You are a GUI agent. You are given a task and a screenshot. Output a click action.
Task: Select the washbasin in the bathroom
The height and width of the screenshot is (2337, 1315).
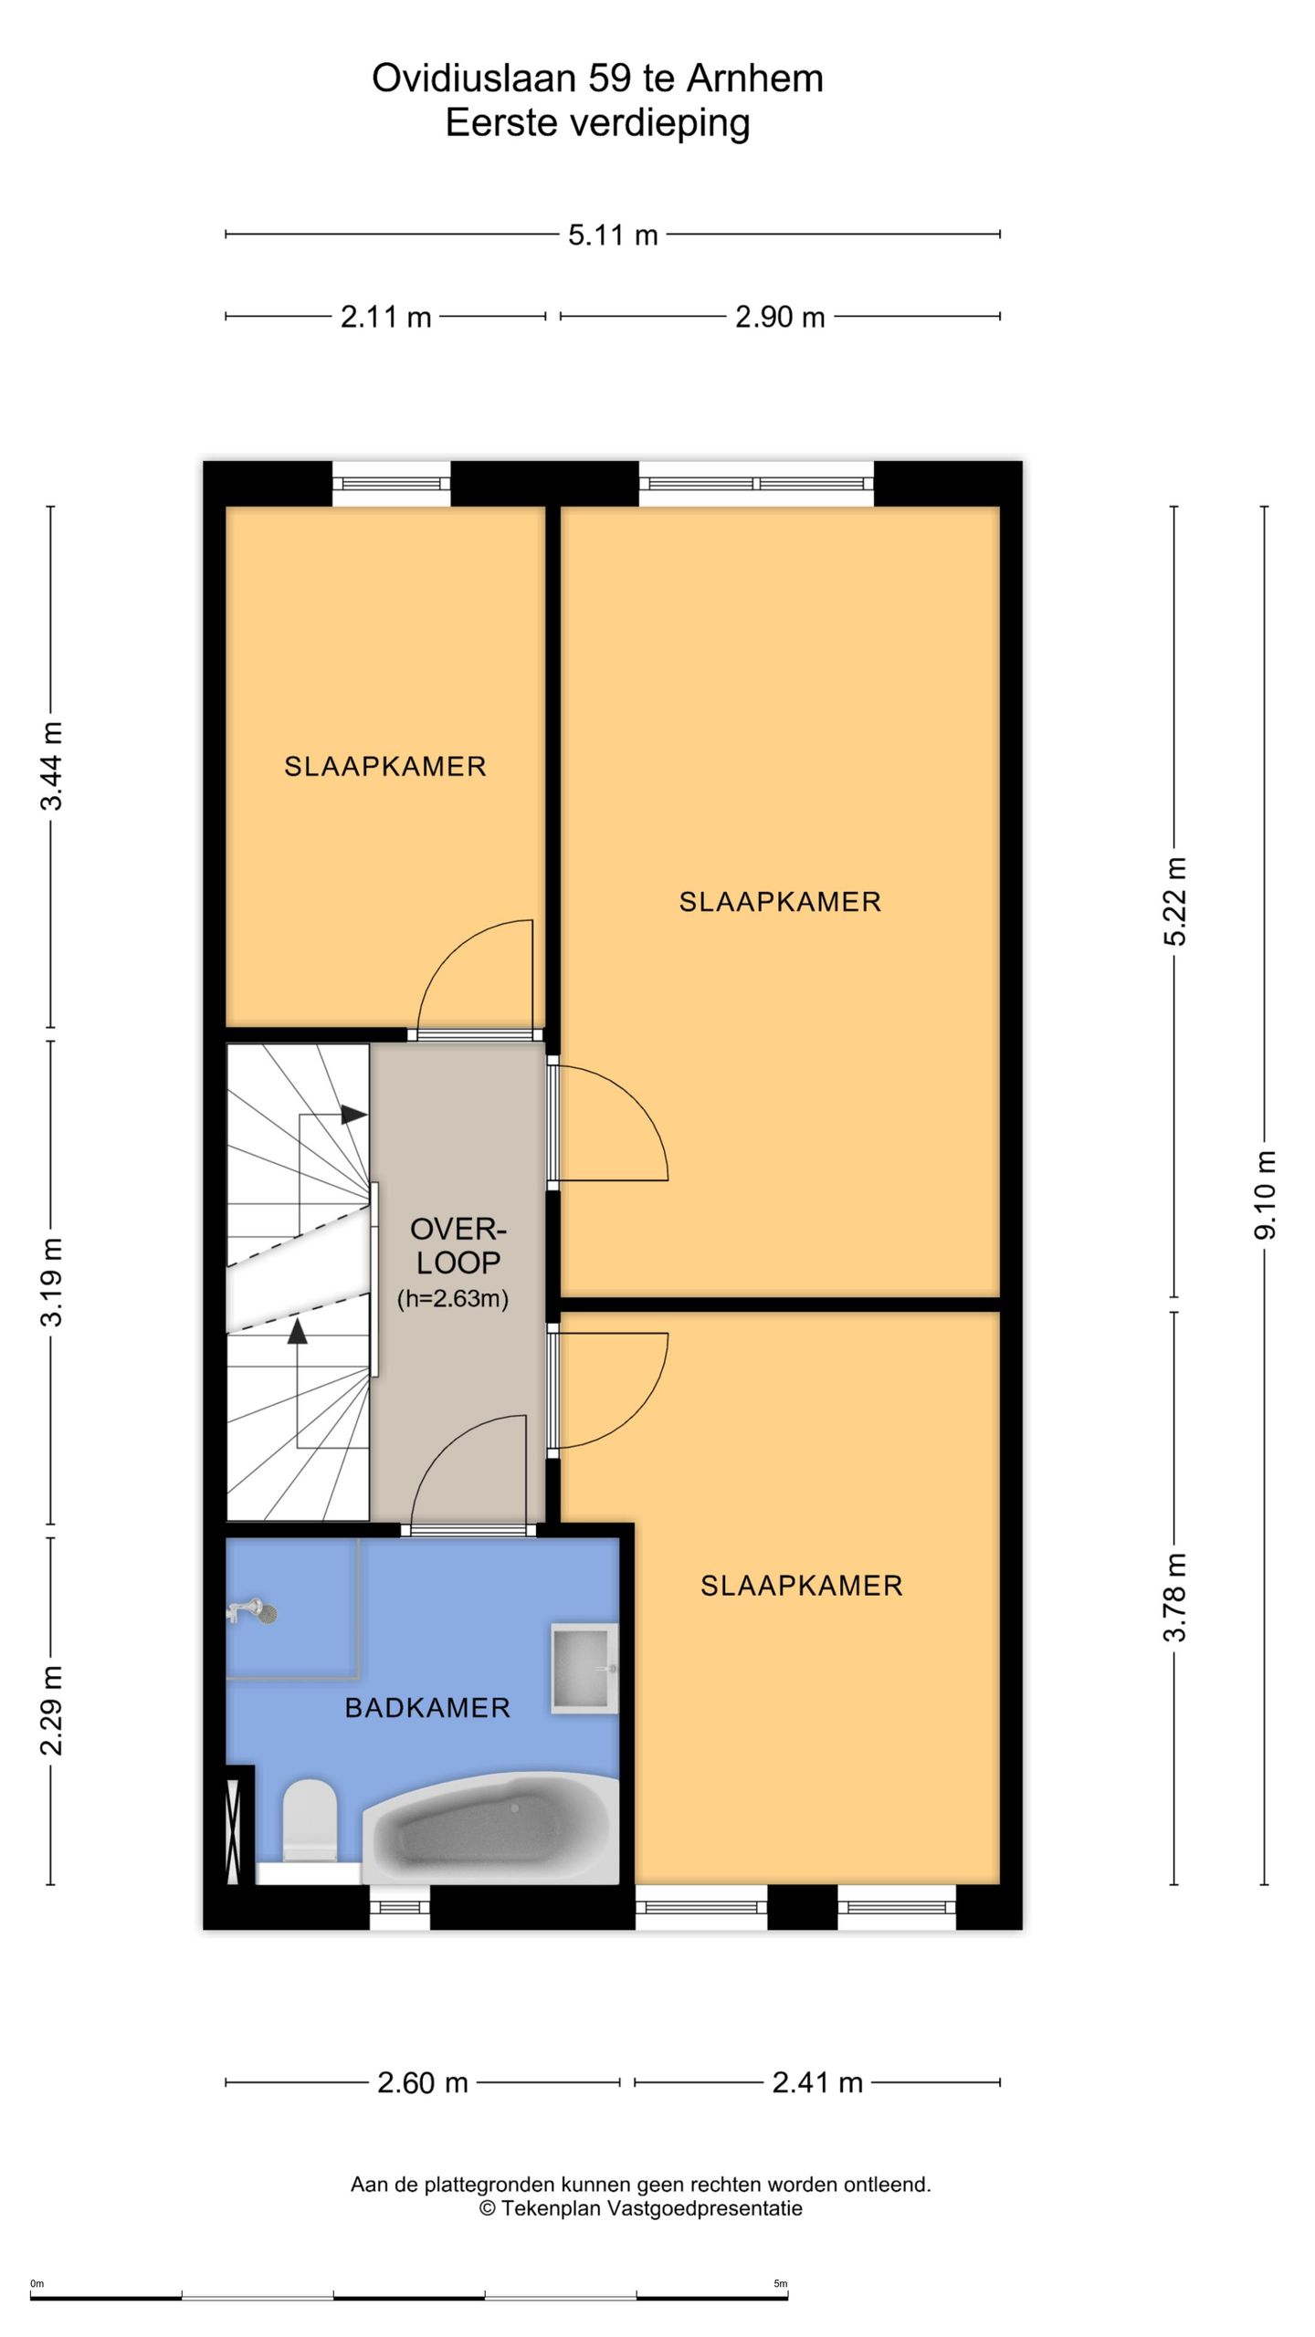point(584,1668)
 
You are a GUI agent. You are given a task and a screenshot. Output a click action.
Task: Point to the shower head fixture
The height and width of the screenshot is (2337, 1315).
point(252,1611)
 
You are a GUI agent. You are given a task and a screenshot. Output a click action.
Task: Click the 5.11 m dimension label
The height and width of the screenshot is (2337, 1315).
point(613,235)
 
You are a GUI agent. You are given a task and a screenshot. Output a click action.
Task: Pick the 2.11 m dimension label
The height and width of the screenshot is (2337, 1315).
point(385,317)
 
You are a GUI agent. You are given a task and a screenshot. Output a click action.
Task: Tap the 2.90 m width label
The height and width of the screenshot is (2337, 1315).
point(780,317)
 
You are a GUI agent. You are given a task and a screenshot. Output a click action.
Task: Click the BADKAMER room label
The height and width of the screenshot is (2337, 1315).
point(427,1707)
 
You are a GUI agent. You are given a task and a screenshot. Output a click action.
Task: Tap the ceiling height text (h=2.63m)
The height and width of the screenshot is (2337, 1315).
point(453,1298)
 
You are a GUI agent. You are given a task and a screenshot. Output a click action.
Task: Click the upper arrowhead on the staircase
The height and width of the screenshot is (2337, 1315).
point(354,1115)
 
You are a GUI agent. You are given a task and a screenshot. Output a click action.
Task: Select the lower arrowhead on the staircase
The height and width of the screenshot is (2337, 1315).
point(297,1332)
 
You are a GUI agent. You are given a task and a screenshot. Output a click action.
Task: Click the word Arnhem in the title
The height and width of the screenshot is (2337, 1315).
point(754,79)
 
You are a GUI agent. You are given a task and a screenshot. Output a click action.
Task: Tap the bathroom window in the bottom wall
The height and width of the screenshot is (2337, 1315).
point(400,1907)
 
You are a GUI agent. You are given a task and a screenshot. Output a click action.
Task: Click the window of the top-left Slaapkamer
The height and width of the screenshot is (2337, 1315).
point(391,484)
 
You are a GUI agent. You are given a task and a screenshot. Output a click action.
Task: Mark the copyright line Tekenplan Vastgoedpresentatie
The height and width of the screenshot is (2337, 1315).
point(641,2208)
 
